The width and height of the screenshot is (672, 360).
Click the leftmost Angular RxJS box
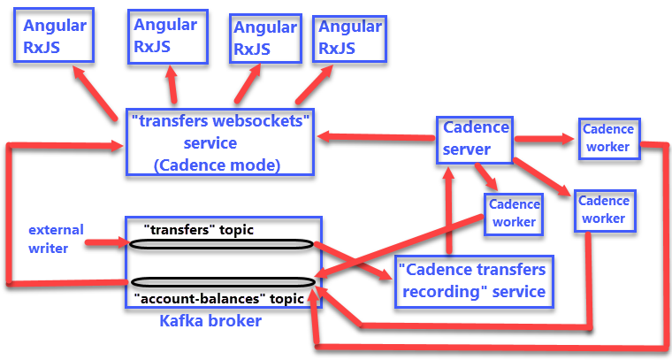pyautogui.click(x=53, y=36)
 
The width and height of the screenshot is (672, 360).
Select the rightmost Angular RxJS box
pyautogui.click(x=350, y=37)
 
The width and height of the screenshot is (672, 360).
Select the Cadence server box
pyautogui.click(x=476, y=139)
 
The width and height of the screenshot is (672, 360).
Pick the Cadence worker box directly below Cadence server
pyautogui.click(x=514, y=213)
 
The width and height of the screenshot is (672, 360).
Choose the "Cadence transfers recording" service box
pyautogui.click(x=471, y=280)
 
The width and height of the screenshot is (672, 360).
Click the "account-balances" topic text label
pyautogui.click(x=218, y=298)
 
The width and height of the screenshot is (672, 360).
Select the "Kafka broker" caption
pyautogui.click(x=210, y=320)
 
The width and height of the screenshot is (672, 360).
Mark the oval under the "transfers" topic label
pyautogui.click(x=221, y=244)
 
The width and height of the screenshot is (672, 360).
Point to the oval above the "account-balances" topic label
pyautogui.click(x=221, y=283)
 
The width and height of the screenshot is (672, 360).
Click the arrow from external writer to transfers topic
pyautogui.click(x=106, y=241)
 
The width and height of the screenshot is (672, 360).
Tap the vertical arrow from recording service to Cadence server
pyautogui.click(x=448, y=212)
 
